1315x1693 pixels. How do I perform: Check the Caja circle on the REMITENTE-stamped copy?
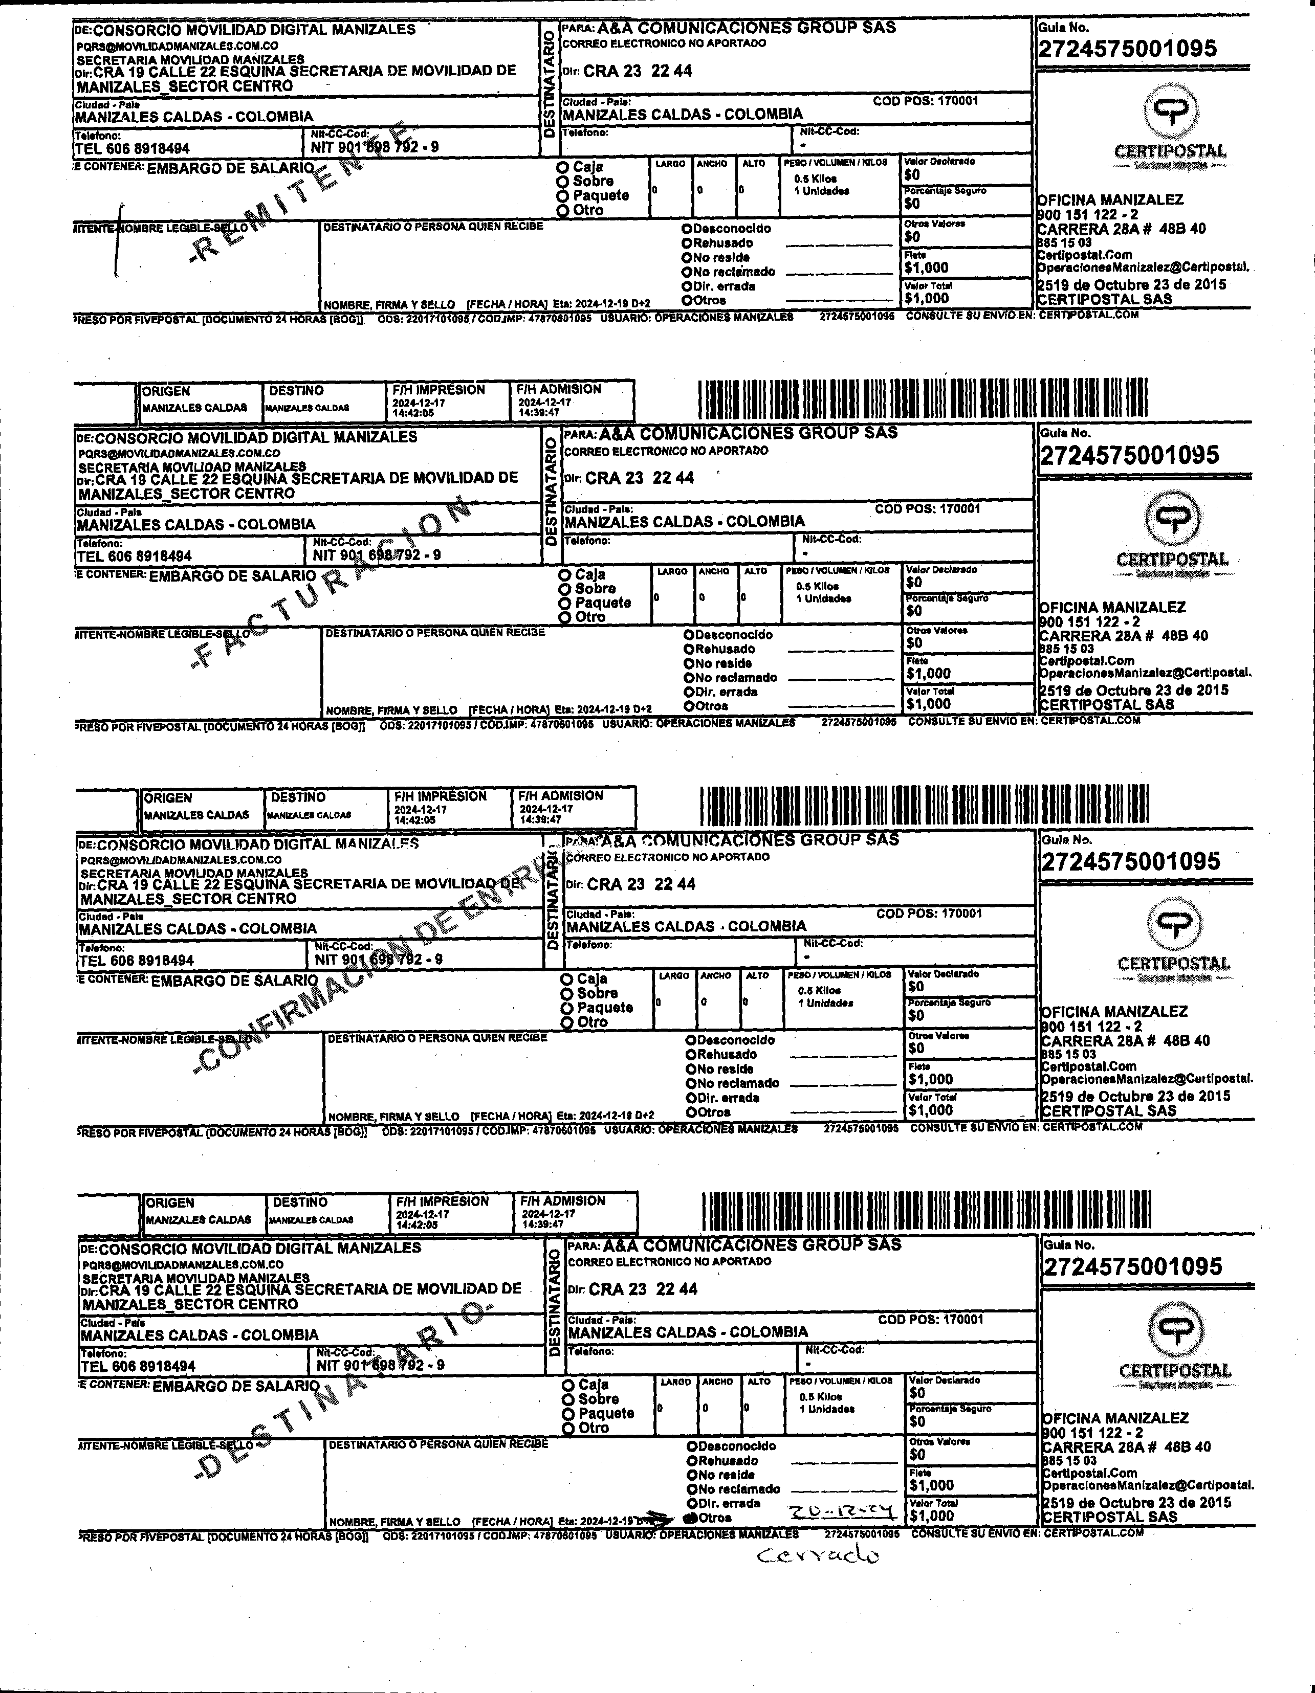[563, 167]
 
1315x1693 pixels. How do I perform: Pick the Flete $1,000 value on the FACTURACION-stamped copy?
[929, 674]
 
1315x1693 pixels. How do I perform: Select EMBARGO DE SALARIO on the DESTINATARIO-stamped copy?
[236, 1386]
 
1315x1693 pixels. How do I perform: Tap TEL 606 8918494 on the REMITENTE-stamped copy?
[133, 148]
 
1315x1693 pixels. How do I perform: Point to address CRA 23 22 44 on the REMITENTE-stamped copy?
[638, 71]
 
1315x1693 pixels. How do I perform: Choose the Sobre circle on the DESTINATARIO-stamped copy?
[569, 1400]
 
